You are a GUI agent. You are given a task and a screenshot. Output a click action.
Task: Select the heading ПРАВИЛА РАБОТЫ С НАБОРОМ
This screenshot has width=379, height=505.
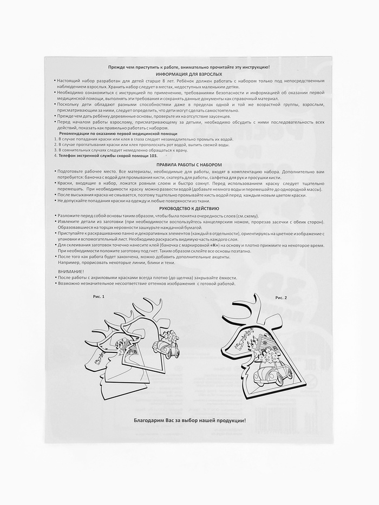pyautogui.click(x=189, y=163)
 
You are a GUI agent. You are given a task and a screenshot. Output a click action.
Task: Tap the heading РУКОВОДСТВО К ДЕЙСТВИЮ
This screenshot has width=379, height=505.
pyautogui.click(x=189, y=208)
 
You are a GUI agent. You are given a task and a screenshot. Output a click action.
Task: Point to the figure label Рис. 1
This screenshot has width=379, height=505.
pyautogui.click(x=99, y=297)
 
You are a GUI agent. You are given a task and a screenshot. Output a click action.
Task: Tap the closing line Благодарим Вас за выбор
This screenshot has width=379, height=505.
pyautogui.click(x=189, y=421)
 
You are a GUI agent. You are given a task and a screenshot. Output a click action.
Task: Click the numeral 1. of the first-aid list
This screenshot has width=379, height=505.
pyautogui.click(x=56, y=139)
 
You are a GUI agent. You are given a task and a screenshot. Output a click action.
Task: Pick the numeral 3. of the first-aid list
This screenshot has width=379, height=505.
pyautogui.click(x=56, y=149)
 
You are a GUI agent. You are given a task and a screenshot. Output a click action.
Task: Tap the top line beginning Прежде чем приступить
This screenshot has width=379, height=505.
pyautogui.click(x=189, y=66)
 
